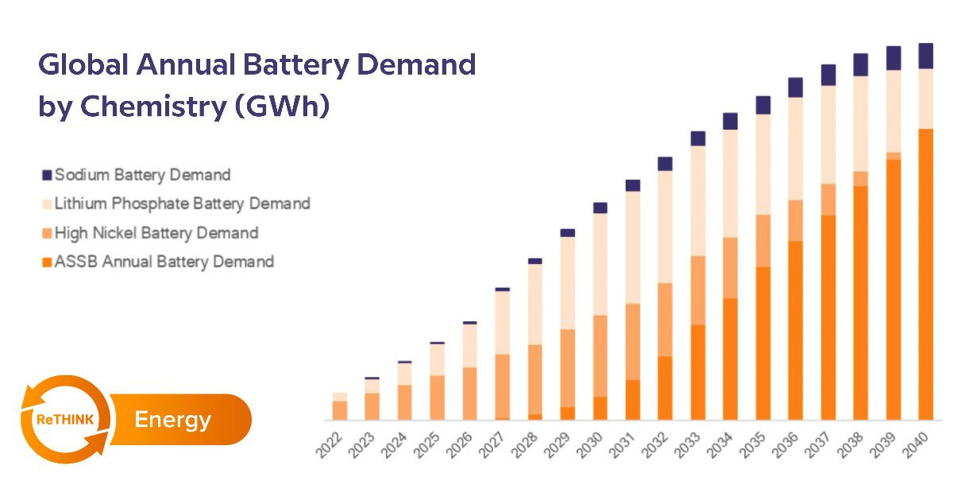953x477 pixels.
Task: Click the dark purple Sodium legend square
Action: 46,175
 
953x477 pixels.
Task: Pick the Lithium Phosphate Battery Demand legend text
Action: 182,204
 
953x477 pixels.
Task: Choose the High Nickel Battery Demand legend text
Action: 156,233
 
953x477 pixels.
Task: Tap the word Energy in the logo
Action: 172,419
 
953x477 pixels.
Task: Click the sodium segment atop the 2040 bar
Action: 925,56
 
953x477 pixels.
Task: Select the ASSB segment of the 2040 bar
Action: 925,274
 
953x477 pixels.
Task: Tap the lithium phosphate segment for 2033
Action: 698,200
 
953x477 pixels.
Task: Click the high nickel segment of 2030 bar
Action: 600,355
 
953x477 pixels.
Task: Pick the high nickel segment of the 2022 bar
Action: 340,410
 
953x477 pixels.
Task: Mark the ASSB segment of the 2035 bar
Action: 763,343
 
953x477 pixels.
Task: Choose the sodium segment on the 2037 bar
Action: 828,75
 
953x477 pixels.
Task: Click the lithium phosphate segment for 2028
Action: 535,304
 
